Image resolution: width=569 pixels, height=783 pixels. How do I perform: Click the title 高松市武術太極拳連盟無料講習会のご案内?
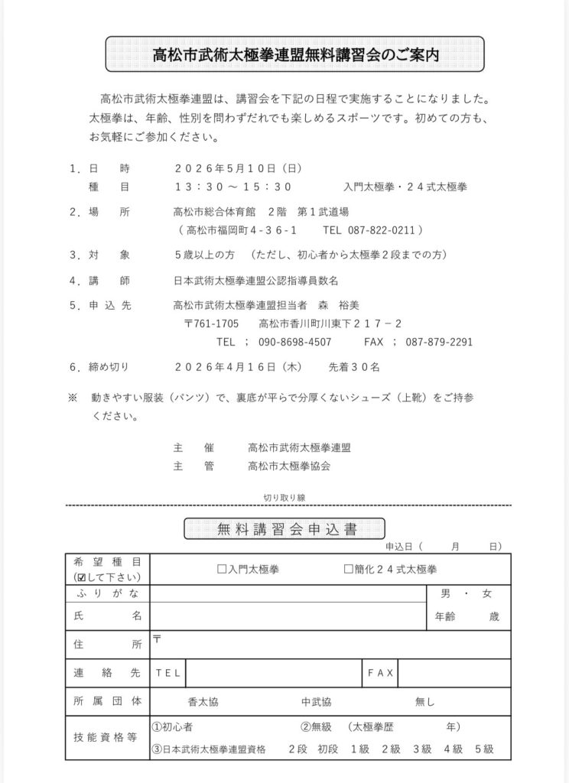click(x=294, y=55)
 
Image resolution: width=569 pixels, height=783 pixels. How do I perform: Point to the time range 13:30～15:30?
click(x=233, y=187)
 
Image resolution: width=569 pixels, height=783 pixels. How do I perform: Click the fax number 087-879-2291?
click(x=439, y=342)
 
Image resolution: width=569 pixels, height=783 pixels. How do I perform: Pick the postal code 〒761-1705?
click(x=211, y=323)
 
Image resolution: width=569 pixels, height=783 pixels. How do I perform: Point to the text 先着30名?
click(x=353, y=367)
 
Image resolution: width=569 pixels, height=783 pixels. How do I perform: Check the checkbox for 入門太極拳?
click(x=222, y=570)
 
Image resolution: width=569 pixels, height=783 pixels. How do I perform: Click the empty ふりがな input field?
click(x=287, y=593)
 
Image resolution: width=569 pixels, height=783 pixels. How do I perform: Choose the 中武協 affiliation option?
click(x=316, y=701)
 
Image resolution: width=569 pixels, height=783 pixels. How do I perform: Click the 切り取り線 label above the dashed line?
click(x=284, y=497)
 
